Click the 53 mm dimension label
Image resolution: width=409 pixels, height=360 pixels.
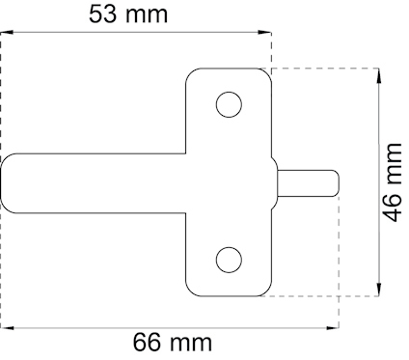128,14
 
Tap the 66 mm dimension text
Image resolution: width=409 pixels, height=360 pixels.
172,343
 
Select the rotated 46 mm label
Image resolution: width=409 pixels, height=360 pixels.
392,182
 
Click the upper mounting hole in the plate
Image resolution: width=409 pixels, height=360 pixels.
229,104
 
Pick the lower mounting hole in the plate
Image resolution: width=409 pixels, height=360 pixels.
229,260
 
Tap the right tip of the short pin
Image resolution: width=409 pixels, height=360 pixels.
338,182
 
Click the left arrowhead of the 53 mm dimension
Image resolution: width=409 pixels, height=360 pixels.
6,32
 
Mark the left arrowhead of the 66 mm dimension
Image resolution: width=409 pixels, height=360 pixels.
6,328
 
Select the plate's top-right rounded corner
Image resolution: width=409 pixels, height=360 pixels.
267,73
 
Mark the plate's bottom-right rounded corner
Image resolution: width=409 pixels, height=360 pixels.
267,291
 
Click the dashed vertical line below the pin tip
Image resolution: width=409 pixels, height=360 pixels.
339,261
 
